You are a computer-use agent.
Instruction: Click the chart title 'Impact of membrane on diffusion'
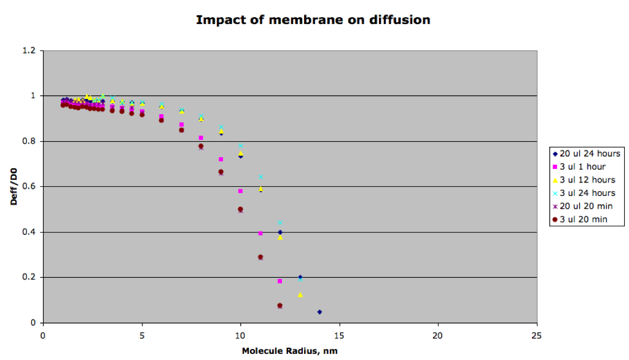(313, 20)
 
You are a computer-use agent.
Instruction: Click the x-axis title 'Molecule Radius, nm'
(290, 351)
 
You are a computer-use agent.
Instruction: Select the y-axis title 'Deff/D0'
(14, 187)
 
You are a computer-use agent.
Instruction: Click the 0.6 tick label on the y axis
(29, 187)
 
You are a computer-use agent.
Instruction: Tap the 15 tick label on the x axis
(339, 335)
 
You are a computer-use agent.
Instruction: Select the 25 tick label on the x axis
(536, 335)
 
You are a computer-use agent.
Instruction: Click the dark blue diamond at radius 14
(319, 312)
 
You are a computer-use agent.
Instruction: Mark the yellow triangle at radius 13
(300, 295)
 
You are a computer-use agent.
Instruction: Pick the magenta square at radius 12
(280, 281)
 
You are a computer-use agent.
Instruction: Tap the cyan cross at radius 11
(260, 177)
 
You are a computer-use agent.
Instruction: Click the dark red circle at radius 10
(240, 209)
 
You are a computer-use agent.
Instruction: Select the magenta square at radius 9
(221, 159)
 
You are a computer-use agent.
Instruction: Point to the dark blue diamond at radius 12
(280, 232)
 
